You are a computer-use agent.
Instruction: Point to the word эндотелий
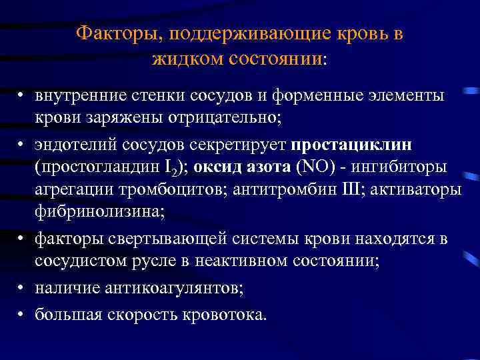coord(71,145)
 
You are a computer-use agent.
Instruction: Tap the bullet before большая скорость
coord(22,313)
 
